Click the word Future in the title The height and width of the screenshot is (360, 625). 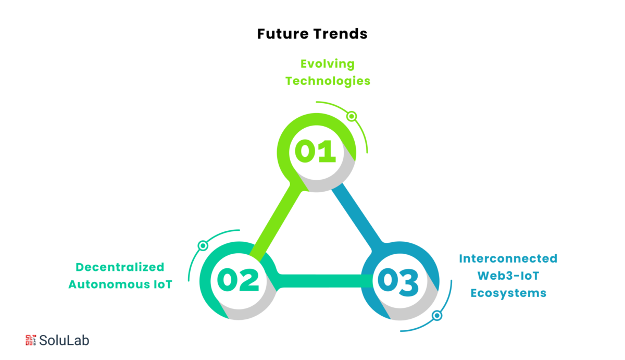283,34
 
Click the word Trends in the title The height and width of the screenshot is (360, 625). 341,34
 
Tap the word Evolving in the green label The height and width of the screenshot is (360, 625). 328,64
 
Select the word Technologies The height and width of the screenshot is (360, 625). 328,81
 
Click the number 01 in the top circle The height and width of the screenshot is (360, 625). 315,151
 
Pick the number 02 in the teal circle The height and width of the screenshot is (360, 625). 238,280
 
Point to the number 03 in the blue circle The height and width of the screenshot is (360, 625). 398,282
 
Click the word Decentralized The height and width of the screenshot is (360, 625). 120,267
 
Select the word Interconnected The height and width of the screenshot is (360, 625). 508,258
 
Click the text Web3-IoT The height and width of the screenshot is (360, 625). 508,276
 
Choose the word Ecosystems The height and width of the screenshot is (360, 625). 508,293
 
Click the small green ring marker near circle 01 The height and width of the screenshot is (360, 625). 352,116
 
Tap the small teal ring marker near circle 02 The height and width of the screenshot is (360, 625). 203,245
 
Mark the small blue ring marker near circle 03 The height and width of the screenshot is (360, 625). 437,316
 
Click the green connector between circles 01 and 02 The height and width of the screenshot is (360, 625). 274,224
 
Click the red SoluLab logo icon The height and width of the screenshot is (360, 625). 31,340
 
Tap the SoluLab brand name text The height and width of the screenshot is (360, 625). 64,340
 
